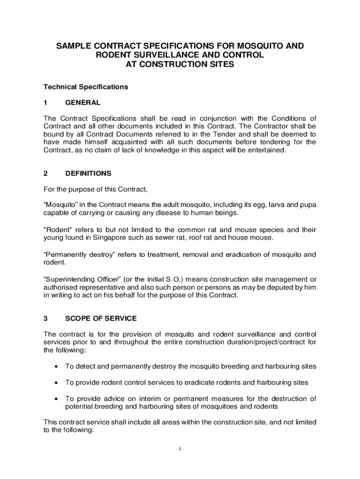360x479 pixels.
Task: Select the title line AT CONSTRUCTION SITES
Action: coord(180,65)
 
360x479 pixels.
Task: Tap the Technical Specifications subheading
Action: coord(86,87)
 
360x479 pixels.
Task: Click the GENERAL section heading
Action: coord(83,102)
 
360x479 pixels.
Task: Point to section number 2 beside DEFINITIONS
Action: coord(45,173)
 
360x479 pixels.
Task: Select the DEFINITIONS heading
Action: coord(88,173)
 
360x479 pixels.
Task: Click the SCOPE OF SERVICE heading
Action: coord(101,319)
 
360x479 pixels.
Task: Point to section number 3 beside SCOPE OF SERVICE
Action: coord(45,319)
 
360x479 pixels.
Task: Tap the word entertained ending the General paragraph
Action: coord(264,150)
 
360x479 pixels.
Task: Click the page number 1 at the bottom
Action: coord(180,449)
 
